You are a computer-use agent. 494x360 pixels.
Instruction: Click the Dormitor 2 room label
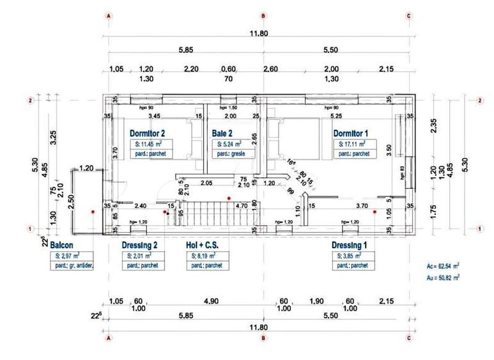(148, 133)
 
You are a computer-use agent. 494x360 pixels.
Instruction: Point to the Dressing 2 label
(139, 245)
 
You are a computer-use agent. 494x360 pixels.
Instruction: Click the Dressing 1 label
(349, 245)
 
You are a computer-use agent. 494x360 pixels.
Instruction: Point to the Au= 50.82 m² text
(442, 278)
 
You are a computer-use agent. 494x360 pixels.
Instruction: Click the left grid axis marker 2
(30, 100)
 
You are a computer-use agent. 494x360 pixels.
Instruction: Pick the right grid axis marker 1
(480, 228)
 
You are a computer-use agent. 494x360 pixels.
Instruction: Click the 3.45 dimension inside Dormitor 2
(154, 117)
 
